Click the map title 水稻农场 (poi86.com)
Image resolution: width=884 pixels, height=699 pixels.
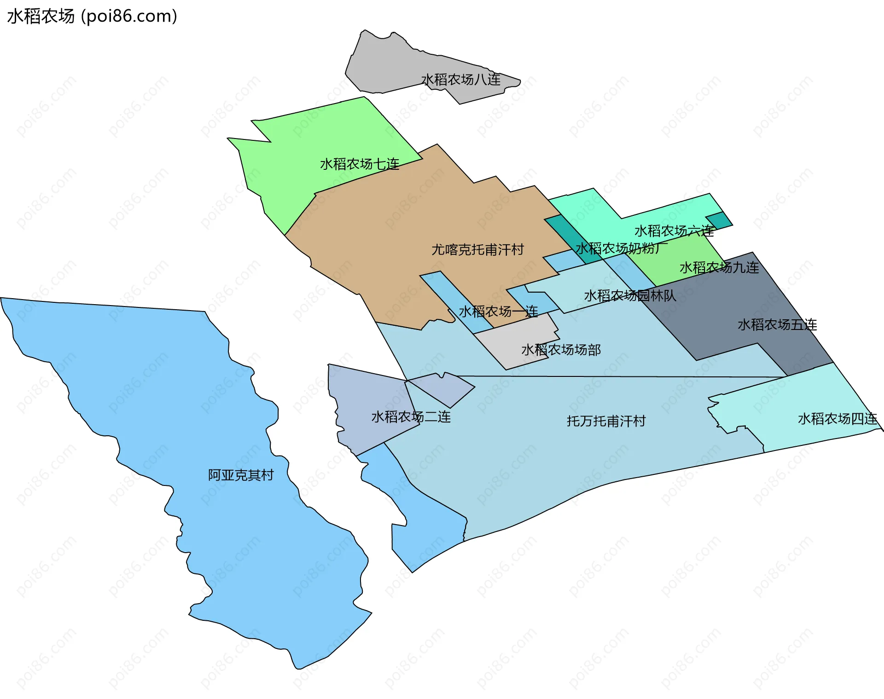92,16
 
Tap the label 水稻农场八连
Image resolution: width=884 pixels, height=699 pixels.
461,80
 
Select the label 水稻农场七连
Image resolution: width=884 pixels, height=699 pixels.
360,164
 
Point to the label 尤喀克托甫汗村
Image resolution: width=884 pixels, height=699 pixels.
477,249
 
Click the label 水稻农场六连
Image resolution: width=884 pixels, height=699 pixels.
674,231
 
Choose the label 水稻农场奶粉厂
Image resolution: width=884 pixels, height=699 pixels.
621,248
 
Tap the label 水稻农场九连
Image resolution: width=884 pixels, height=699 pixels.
719,267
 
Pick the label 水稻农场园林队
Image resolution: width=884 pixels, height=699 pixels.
630,295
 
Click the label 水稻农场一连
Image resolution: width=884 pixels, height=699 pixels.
498,312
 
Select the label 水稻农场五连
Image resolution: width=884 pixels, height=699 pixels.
777,325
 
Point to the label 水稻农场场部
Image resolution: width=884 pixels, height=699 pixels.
561,350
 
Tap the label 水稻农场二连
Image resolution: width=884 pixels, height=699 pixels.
411,417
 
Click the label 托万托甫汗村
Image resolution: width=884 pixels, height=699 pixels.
606,421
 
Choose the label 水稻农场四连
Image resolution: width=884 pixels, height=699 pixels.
837,419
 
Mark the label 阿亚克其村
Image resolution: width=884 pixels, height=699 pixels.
241,475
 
